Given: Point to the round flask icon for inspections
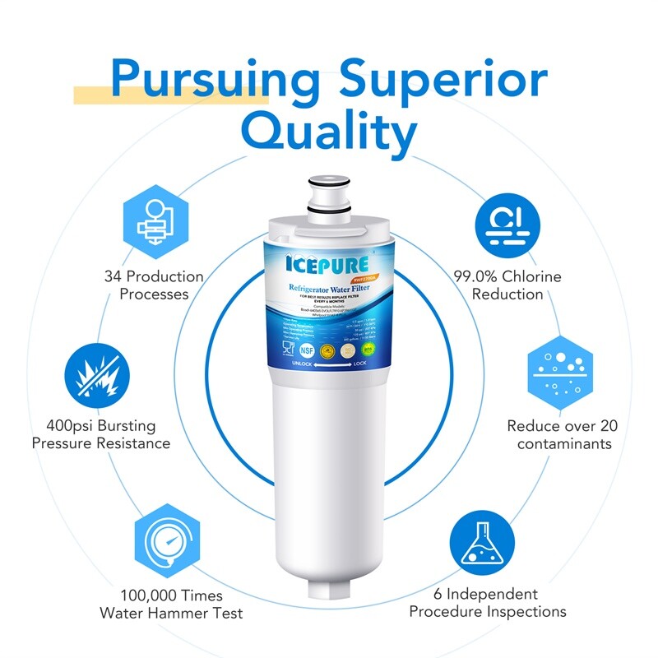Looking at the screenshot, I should (482, 544).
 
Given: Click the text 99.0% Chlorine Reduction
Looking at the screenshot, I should (507, 285).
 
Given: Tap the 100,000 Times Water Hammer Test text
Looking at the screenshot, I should (171, 603).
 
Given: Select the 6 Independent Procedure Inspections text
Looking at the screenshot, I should (487, 603).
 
